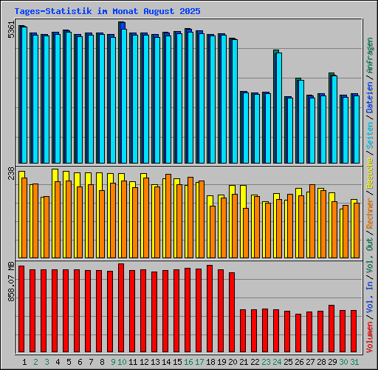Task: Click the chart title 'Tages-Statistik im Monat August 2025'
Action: pyautogui.click(x=107, y=11)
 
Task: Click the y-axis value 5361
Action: pyautogui.click(x=10, y=31)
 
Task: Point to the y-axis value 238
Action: pyautogui.click(x=10, y=173)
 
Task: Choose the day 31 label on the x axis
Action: pyautogui.click(x=354, y=362)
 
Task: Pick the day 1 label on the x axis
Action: pyautogui.click(x=24, y=362)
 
